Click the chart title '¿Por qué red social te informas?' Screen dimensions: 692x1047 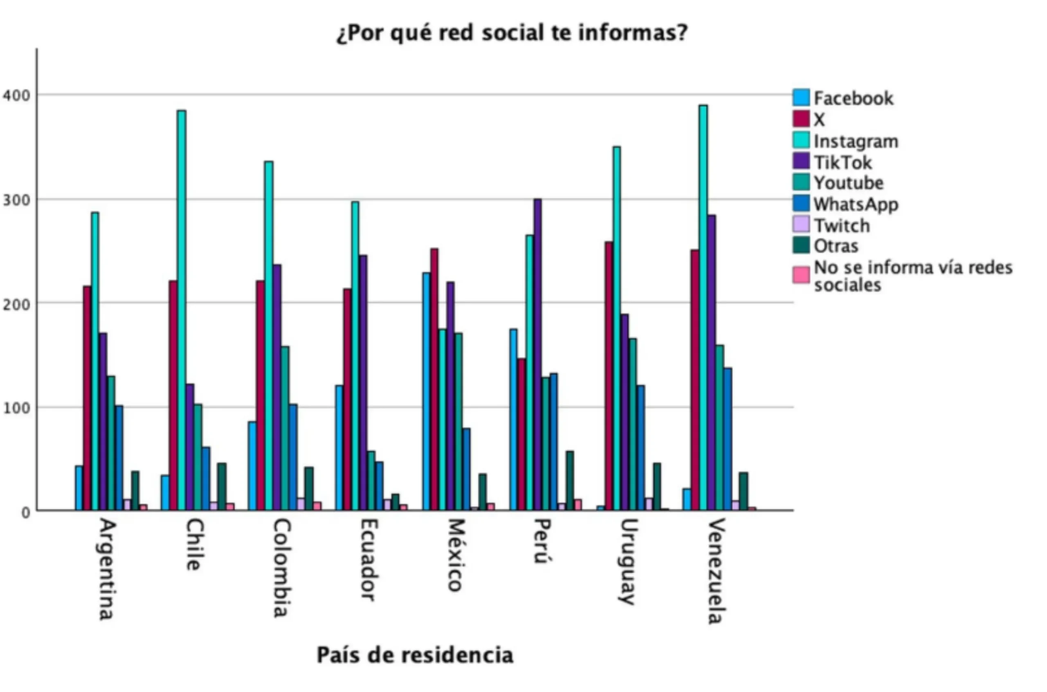click(512, 34)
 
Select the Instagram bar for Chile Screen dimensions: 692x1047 click(181, 309)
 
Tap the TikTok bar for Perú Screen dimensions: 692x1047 click(537, 353)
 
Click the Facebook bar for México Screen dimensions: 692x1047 click(426, 391)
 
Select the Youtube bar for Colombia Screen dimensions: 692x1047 click(285, 428)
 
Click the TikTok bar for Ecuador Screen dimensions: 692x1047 click(363, 382)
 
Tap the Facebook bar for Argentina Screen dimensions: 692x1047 click(79, 488)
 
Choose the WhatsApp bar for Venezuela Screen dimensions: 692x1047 click(728, 439)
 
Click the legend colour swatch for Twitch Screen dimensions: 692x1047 click(801, 224)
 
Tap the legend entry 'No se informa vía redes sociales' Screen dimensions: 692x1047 click(912, 276)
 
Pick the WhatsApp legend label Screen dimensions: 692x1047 click(856, 204)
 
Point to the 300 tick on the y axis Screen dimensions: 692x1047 click(16, 200)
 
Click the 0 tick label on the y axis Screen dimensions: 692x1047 click(26, 512)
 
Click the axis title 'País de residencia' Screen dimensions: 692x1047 click(415, 655)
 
